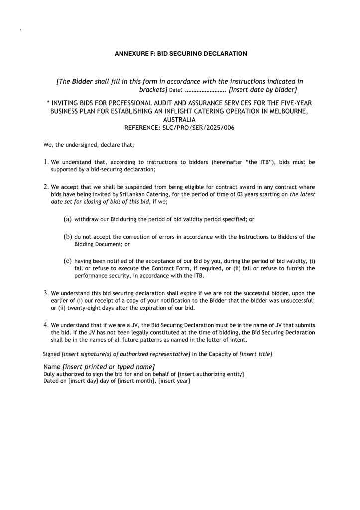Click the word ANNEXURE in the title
point(130,54)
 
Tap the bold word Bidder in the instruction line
point(82,81)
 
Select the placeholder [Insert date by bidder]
point(262,90)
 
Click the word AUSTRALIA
point(179,120)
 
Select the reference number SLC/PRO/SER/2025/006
point(198,127)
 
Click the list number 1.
point(45,162)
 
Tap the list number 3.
point(45,293)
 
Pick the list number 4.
point(45,325)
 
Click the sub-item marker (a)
point(68,219)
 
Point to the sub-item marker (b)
point(68,236)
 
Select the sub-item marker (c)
point(68,260)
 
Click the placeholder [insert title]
point(256,354)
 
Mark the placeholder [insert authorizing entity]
point(211,374)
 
